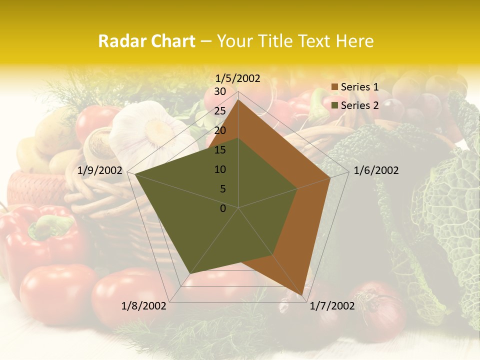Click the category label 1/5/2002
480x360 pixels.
[238, 78]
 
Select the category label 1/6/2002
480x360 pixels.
[376, 170]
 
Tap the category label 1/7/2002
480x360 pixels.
[332, 306]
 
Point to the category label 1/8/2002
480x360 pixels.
[144, 306]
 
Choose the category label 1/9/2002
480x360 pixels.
[100, 170]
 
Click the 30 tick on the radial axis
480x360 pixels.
[220, 91]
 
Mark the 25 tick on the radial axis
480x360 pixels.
[220, 111]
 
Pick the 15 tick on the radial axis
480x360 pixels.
[220, 150]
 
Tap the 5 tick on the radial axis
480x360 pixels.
[223, 189]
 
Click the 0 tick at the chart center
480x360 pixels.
[223, 208]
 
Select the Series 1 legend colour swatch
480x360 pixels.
[335, 87]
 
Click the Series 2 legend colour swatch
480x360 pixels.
[335, 105]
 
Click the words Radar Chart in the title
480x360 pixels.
[146, 41]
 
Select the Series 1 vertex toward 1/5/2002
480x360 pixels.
[238, 99]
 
